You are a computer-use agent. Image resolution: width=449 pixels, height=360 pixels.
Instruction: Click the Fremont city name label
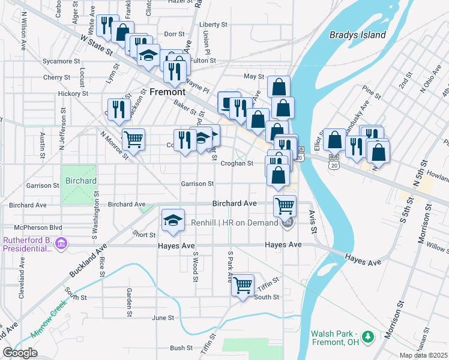[167, 92]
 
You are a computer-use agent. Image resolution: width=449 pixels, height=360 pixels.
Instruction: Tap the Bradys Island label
[357, 35]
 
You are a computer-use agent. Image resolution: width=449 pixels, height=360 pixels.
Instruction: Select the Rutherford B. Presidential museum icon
[60, 244]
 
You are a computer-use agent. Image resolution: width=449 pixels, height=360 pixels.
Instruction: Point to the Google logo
[20, 353]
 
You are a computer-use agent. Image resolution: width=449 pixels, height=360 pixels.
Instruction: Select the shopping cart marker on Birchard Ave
[285, 206]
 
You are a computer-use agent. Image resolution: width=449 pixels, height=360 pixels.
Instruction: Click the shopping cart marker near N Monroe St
[133, 139]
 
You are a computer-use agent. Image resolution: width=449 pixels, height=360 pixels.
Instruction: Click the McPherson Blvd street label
[38, 227]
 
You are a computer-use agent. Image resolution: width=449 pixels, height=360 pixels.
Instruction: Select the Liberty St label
[212, 25]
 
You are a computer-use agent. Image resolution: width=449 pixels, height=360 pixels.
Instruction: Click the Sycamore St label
[61, 61]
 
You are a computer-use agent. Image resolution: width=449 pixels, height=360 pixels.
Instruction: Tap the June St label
[163, 317]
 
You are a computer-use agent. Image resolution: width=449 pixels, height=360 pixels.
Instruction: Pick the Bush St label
[181, 347]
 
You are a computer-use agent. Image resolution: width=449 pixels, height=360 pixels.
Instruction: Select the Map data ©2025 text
[423, 355]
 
